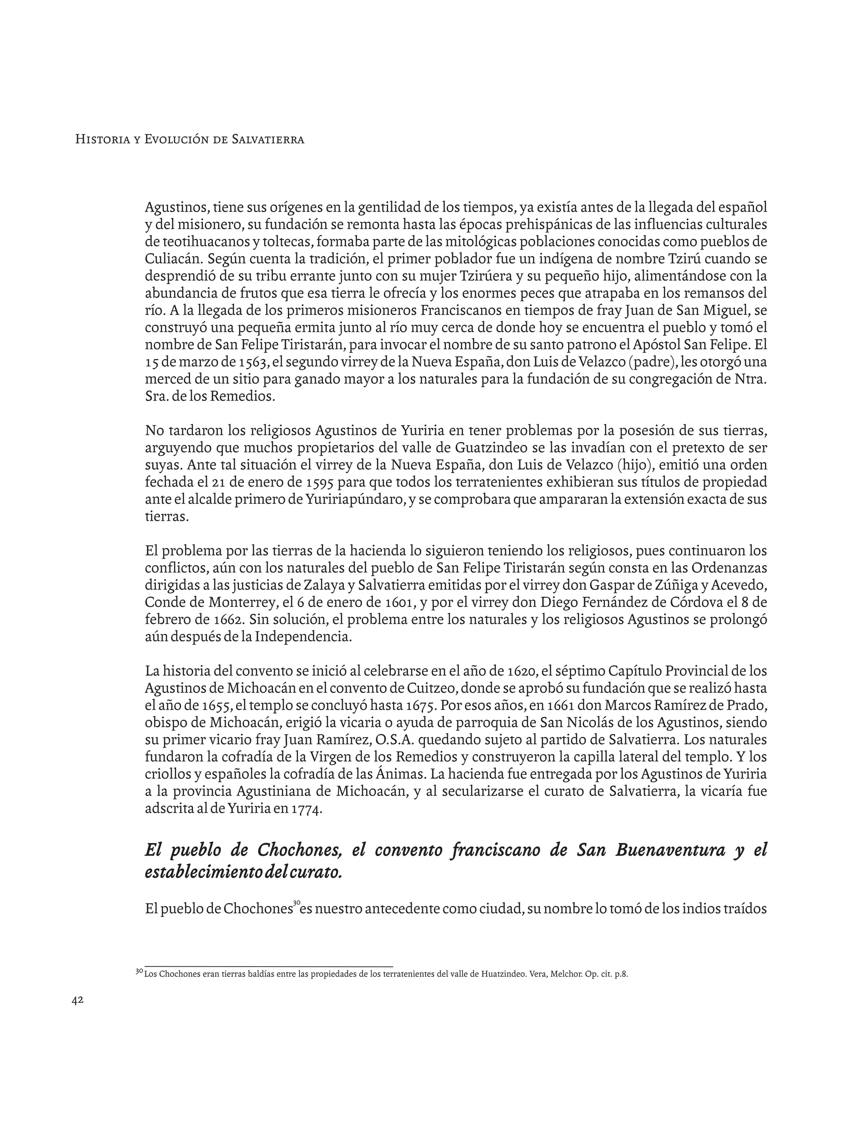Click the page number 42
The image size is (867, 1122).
point(77,1000)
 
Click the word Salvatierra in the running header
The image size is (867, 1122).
point(268,139)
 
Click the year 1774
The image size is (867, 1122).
point(306,809)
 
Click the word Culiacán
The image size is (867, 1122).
point(173,259)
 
